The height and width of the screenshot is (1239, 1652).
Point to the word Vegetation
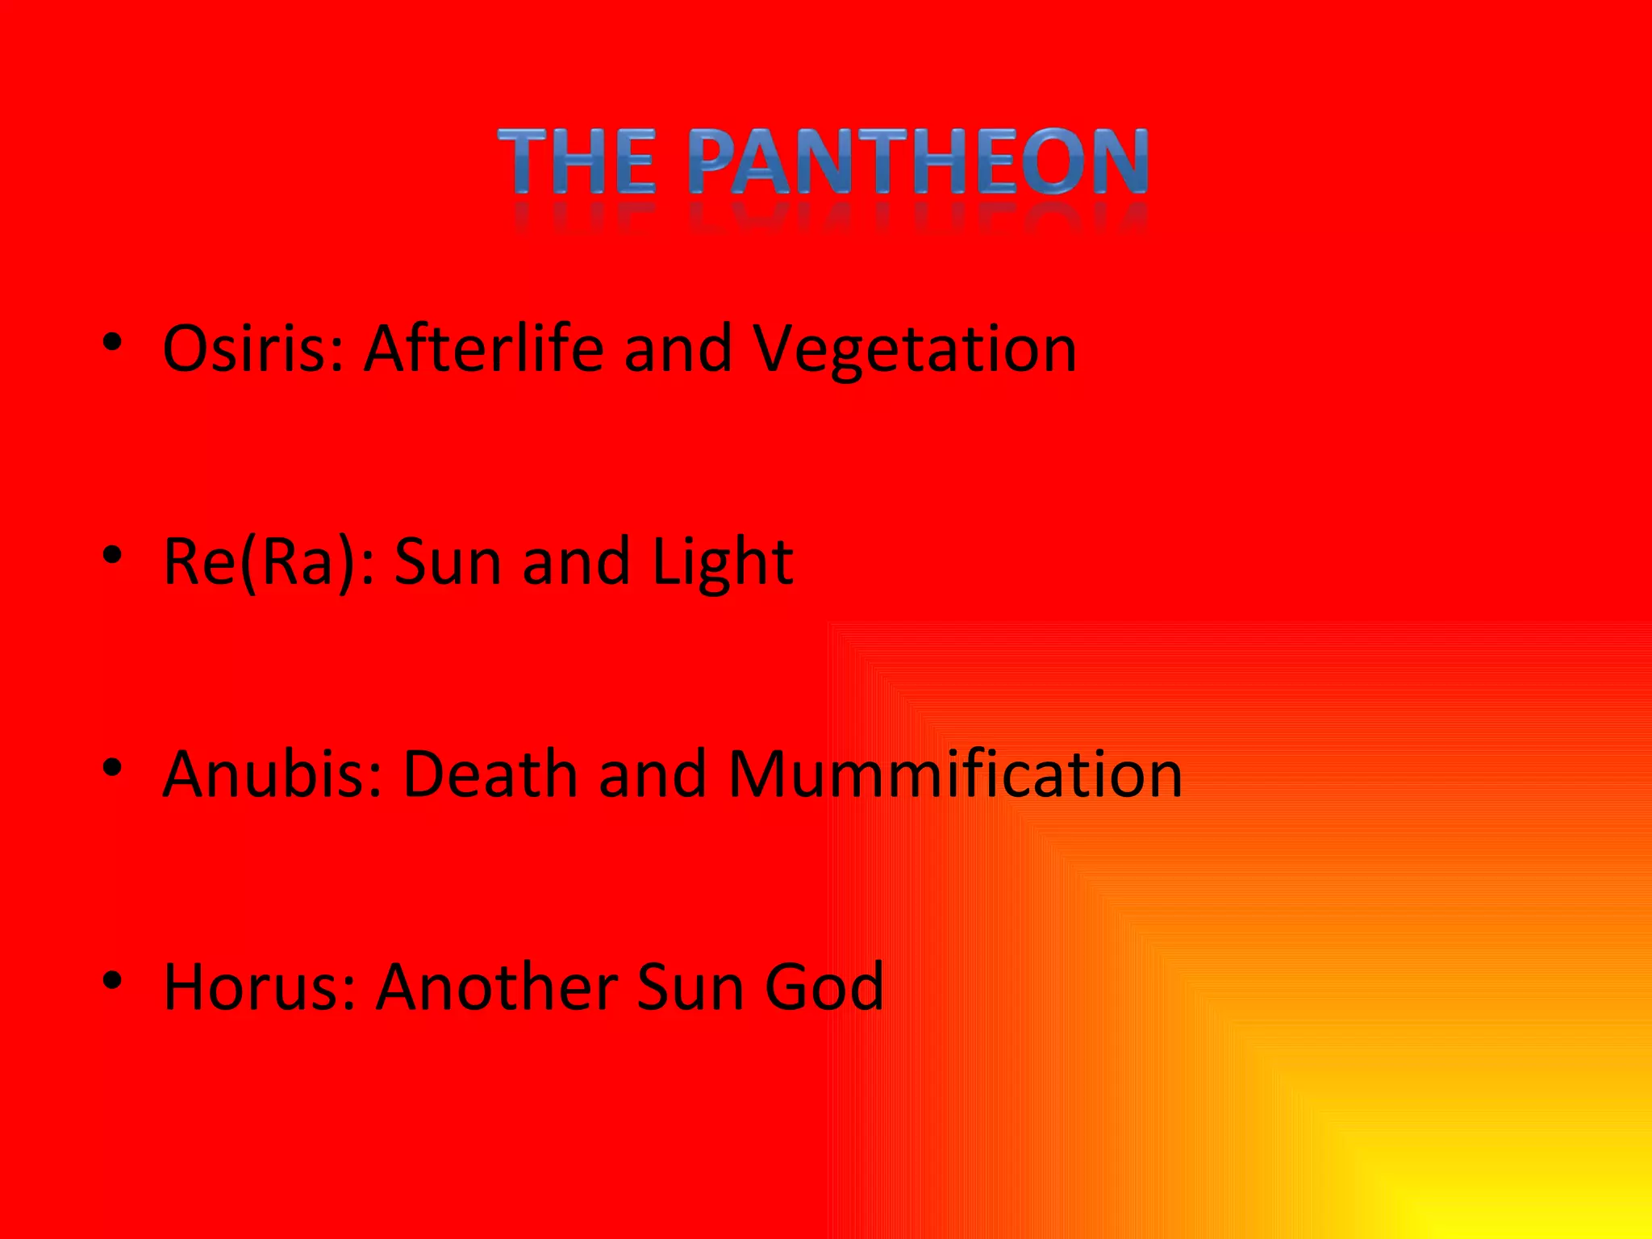pos(915,350)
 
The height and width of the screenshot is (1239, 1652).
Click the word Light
pos(723,563)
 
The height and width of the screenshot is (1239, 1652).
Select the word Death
pos(490,774)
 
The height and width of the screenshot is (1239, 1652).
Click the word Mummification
pos(955,774)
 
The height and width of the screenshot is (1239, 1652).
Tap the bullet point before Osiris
pos(112,343)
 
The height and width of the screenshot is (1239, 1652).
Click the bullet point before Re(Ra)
pos(112,556)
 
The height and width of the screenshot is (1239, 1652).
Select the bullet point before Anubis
pos(112,769)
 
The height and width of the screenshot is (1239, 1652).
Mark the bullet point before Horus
pos(112,981)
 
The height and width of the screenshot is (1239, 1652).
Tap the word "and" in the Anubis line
pos(652,774)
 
